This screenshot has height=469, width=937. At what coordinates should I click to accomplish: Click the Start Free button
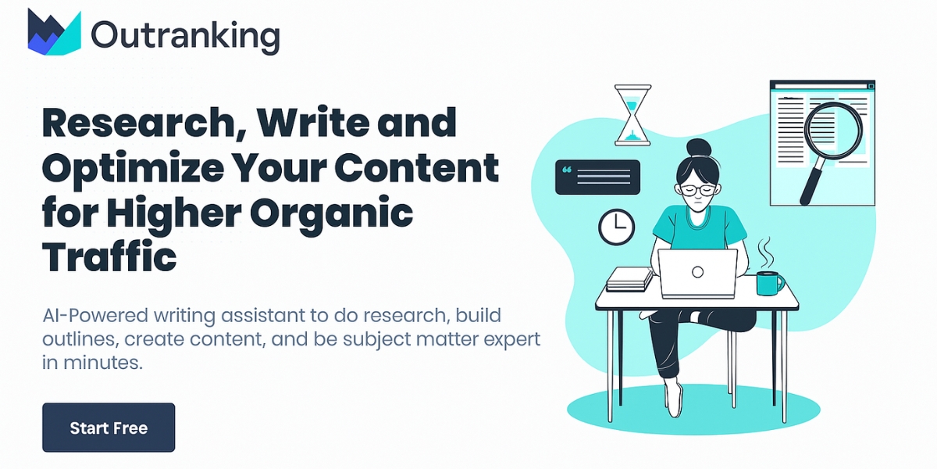click(x=109, y=428)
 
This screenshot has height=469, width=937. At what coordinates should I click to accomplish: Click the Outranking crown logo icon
click(x=55, y=32)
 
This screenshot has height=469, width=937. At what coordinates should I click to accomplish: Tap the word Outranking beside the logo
click(x=185, y=36)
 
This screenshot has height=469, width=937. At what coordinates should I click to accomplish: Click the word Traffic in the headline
click(x=109, y=257)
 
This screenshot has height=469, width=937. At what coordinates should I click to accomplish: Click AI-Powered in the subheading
click(x=95, y=315)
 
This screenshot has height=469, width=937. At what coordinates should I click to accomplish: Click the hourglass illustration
click(x=633, y=115)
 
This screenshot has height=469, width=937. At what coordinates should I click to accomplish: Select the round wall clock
click(x=617, y=227)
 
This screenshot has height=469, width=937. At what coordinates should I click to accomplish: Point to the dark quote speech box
click(x=598, y=177)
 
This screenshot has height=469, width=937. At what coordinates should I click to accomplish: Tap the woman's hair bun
click(x=699, y=148)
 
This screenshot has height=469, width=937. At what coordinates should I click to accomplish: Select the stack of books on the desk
click(x=629, y=279)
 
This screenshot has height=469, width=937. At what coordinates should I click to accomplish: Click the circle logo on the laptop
click(x=698, y=272)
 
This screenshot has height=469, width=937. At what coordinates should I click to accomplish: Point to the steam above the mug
click(x=765, y=252)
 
